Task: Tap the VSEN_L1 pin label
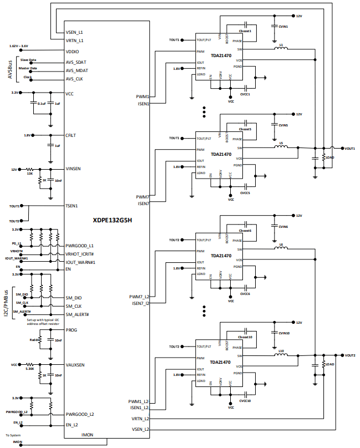tap(74, 33)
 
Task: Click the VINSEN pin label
tap(74, 169)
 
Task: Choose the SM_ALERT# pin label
tap(77, 314)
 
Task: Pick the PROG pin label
tap(71, 330)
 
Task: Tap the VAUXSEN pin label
tap(75, 365)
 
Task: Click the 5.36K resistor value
tap(30, 369)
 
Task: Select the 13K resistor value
tap(31, 174)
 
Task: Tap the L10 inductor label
tap(281, 351)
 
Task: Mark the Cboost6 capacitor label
tap(245, 230)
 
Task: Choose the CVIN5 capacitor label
tap(283, 125)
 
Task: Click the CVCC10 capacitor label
tap(245, 400)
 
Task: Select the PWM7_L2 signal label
tap(139, 297)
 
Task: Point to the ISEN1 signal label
tap(143, 103)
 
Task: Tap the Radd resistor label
tap(34, 339)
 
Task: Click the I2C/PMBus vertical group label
tap(7, 303)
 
